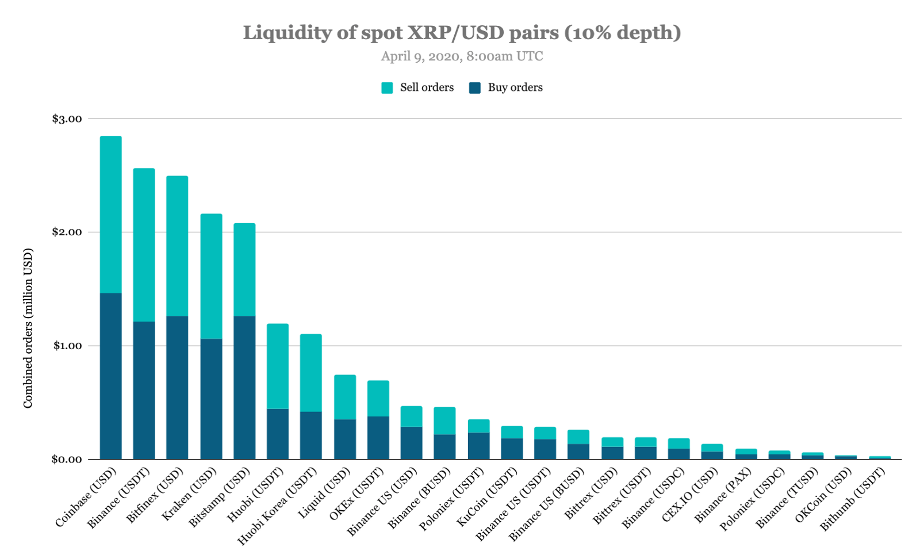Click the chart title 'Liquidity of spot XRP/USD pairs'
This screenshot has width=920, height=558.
(462, 32)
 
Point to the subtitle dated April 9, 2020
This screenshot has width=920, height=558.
(462, 56)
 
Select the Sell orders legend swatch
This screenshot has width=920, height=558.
(387, 88)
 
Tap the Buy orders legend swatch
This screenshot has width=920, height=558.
(475, 88)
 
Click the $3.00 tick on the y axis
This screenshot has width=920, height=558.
(67, 119)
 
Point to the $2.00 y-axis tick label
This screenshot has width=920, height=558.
(67, 232)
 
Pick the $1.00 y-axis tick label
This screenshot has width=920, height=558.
(67, 346)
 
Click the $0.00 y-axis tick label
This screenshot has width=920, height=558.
(67, 459)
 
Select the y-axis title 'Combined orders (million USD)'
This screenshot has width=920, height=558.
(28, 328)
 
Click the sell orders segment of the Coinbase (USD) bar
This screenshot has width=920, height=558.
(111, 215)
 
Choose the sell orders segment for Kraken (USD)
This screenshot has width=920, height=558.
(211, 276)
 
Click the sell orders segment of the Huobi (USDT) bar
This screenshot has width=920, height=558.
(278, 366)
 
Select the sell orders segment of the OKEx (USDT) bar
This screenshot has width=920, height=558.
(378, 398)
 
